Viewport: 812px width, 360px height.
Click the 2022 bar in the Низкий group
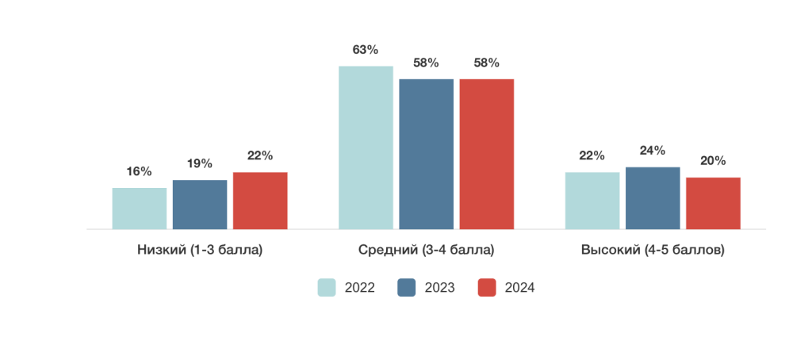click(140, 209)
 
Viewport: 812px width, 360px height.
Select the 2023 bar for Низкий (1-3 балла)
click(200, 205)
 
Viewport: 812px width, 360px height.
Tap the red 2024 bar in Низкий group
click(260, 201)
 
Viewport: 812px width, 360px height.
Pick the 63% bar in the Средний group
click(366, 147)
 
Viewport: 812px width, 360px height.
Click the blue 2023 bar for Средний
click(426, 154)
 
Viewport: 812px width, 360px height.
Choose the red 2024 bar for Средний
click(487, 154)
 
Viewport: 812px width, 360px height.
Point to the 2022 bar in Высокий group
click(592, 201)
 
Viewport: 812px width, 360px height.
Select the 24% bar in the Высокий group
click(653, 198)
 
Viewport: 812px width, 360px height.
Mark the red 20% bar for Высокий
click(713, 203)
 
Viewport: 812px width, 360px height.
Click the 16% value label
click(140, 171)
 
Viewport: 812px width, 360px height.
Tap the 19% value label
click(200, 163)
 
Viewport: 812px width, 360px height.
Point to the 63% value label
click(366, 49)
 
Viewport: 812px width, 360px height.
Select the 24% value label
click(653, 151)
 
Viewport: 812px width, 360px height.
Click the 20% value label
click(713, 160)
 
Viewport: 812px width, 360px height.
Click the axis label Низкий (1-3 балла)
click(200, 250)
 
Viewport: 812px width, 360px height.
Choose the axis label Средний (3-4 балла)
click(427, 250)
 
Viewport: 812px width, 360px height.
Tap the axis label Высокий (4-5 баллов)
click(653, 250)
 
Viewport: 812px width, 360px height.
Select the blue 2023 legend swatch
click(407, 288)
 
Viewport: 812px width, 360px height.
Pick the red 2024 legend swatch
click(487, 288)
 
